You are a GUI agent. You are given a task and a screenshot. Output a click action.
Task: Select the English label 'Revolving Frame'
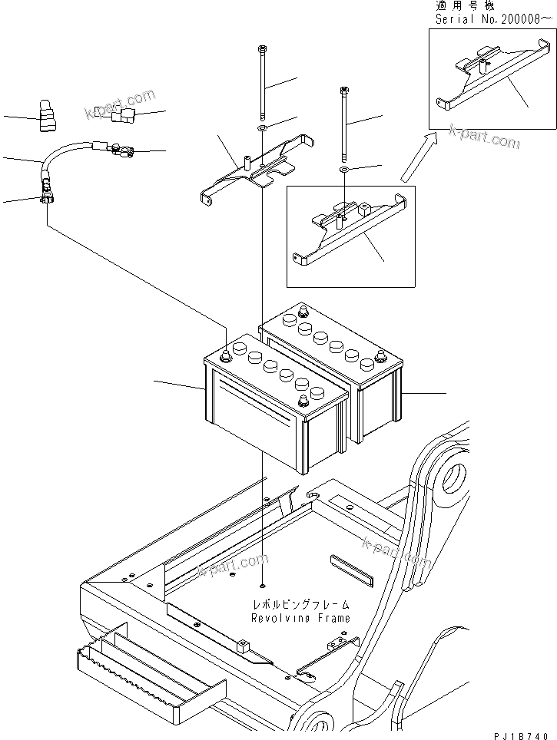click(300, 618)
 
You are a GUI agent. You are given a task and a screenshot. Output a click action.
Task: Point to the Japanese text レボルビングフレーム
click(300, 605)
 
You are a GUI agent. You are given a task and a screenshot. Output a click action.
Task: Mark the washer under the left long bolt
click(263, 127)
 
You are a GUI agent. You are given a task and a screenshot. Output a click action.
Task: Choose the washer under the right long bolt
click(344, 168)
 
